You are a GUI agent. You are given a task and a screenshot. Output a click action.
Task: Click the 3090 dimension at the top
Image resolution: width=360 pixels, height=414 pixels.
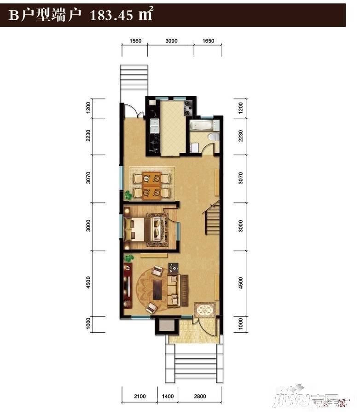171,41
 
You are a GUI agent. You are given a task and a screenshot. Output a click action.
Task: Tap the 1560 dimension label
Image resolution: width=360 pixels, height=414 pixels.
135,41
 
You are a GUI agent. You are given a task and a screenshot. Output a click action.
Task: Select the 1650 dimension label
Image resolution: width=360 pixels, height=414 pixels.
208,41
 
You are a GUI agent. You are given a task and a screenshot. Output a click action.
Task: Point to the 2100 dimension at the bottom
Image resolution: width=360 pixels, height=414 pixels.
140,396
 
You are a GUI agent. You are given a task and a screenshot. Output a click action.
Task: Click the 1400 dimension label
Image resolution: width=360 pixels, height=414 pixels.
168,396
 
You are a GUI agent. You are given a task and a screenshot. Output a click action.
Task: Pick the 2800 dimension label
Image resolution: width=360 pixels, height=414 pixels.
200,396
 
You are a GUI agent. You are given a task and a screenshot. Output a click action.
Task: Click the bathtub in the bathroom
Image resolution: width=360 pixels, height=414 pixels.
202,125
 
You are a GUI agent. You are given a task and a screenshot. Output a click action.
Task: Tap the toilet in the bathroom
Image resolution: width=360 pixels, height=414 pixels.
214,137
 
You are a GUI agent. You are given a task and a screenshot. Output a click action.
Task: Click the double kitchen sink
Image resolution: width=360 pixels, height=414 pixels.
154,126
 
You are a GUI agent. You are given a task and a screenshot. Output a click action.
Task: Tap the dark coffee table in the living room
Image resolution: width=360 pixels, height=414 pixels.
158,290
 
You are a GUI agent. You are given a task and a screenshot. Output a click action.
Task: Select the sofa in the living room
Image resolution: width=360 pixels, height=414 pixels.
174,290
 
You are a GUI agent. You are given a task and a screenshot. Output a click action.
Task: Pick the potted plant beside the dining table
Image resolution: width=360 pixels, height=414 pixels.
128,195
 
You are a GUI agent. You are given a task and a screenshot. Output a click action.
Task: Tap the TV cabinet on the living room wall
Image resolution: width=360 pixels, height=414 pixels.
128,285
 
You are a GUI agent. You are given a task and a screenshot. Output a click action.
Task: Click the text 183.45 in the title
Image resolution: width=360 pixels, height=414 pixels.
111,15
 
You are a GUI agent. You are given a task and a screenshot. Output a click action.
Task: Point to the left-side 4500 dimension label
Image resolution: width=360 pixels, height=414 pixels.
88,282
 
